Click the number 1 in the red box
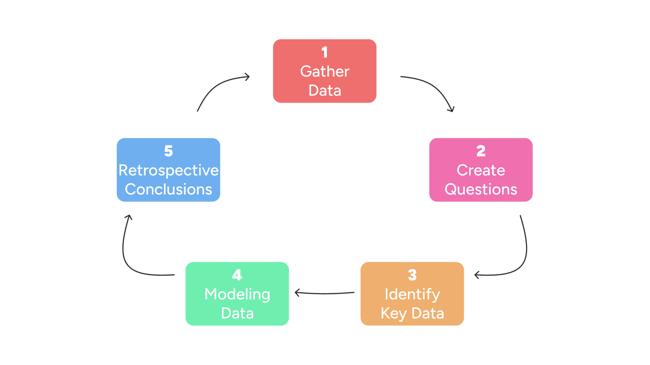click(325, 52)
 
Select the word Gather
click(325, 71)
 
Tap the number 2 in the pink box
click(481, 151)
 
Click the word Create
click(481, 170)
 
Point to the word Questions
click(481, 189)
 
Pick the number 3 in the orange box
click(412, 275)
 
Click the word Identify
click(412, 294)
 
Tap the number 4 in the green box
click(237, 275)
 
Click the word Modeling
click(237, 294)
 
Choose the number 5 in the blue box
click(168, 151)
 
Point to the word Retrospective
click(168, 170)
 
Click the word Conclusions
click(168, 189)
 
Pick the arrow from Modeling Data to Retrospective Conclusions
click(126, 255)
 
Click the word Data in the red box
click(325, 91)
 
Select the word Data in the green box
click(237, 313)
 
